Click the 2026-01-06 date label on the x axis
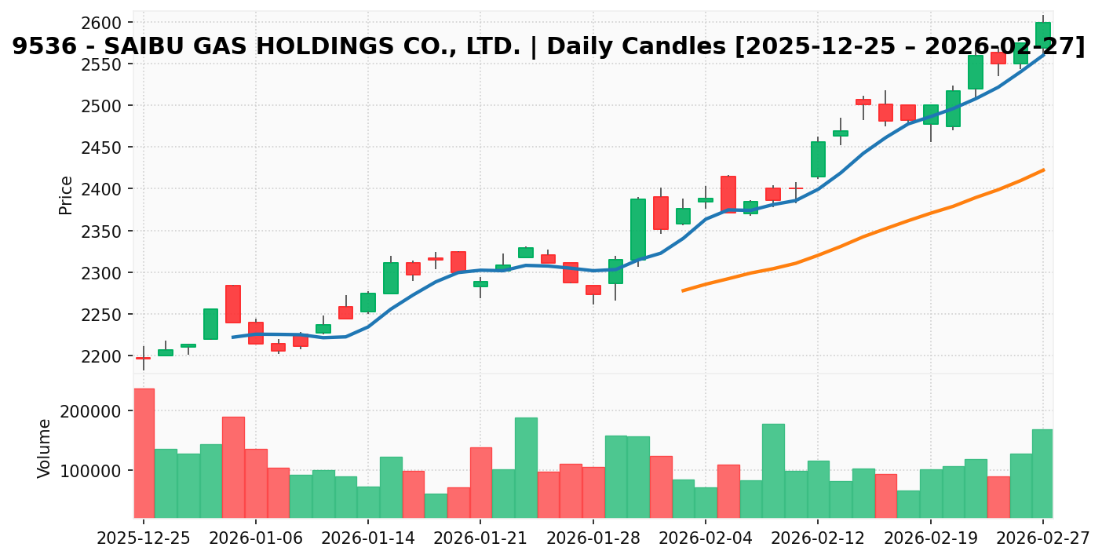(256, 539)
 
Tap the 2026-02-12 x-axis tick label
(818, 539)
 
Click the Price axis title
(66, 195)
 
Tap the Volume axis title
(45, 448)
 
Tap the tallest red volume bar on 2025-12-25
(144, 453)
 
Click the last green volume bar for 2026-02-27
(1042, 473)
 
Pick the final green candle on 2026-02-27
(1042, 35)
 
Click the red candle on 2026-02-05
(728, 194)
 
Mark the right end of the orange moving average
(1043, 170)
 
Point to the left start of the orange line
(683, 290)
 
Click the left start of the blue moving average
(233, 337)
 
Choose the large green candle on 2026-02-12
(818, 159)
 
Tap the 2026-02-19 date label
(930, 539)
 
